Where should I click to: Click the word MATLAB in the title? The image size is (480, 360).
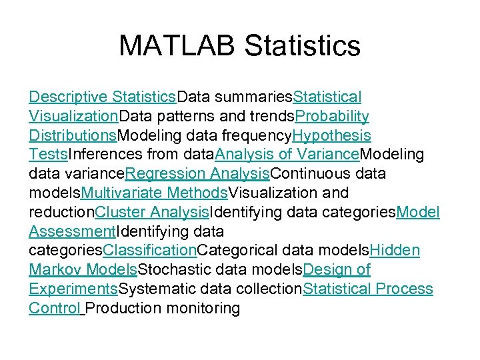point(177,46)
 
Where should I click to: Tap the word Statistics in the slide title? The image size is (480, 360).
point(303,46)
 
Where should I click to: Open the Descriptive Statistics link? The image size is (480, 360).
point(102,97)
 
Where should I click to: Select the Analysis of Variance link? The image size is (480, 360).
point(287,155)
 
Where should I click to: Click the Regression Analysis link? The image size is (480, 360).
point(197,174)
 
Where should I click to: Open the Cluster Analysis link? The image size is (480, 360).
point(152,213)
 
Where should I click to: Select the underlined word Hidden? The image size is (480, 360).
point(395,251)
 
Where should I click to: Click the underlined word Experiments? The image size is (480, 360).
point(73,289)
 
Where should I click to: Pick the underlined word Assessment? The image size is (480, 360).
point(72,232)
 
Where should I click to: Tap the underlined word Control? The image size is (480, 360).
point(54,309)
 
